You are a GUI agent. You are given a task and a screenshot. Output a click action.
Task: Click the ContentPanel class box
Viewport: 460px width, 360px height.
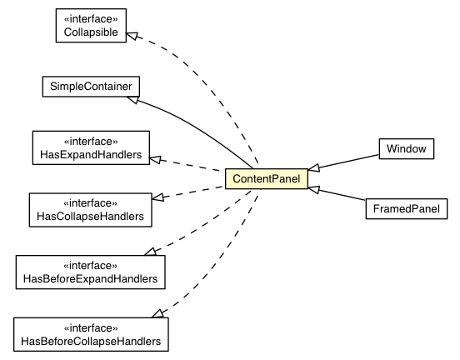[267, 178]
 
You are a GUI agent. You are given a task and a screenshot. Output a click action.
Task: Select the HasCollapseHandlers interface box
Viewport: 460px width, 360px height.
[90, 208]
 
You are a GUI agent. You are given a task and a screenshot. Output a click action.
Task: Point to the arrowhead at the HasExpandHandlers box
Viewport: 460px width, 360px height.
[156, 156]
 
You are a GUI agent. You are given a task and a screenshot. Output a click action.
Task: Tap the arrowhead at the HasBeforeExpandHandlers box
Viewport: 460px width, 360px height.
[150, 251]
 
